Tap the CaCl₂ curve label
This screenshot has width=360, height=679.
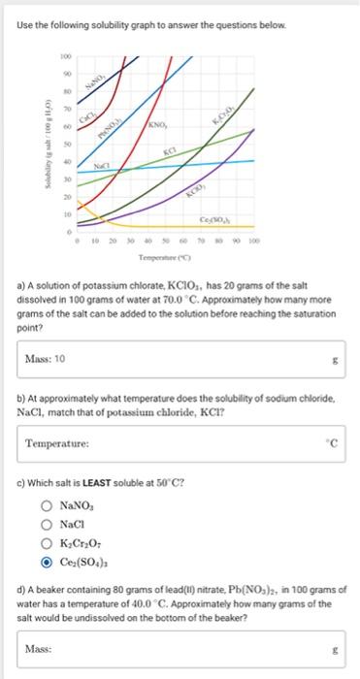(99, 114)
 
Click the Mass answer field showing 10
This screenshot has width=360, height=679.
(180, 359)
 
